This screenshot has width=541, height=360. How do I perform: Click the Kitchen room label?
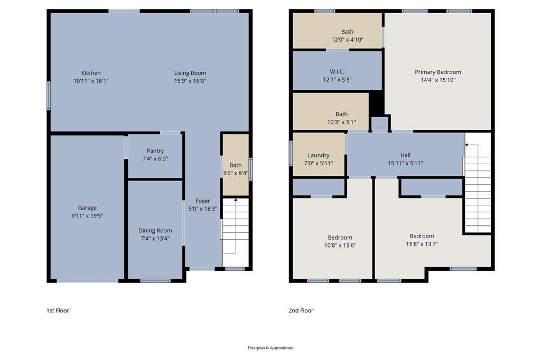[x=91, y=73]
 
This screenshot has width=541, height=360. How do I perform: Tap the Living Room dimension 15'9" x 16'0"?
[x=190, y=81]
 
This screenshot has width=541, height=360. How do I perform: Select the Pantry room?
[x=155, y=155]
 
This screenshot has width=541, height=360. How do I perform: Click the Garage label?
[x=88, y=208]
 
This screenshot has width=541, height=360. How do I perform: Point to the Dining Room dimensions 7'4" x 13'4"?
[x=155, y=238]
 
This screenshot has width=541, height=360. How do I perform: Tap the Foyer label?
[x=203, y=201]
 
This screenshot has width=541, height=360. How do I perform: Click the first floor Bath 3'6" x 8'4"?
[x=235, y=169]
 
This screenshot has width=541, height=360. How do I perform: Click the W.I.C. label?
[x=337, y=72]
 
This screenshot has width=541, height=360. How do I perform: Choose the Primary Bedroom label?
[x=437, y=72]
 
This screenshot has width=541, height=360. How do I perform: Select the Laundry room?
[x=319, y=155]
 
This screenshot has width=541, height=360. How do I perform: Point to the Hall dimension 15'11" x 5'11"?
[x=405, y=163]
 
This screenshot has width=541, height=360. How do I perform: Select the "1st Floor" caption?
[x=58, y=310]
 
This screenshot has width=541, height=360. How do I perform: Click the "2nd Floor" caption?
[x=301, y=310]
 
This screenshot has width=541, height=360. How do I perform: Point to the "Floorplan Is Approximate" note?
[x=270, y=348]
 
